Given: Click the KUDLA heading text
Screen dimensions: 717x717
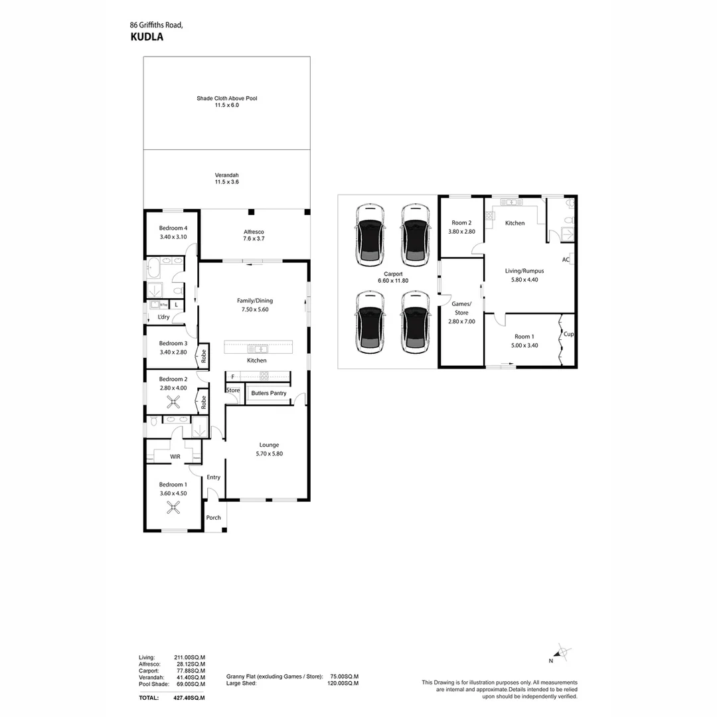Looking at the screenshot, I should tap(147, 37).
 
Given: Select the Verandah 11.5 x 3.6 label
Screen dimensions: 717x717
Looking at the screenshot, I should tap(226, 179).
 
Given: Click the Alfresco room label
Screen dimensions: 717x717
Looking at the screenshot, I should tap(254, 235).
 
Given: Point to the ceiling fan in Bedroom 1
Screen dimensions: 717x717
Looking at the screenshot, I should tap(173, 509).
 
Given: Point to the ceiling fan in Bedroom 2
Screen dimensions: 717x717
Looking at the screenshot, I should tap(173, 400).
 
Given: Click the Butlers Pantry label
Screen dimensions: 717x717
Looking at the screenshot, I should tap(268, 393).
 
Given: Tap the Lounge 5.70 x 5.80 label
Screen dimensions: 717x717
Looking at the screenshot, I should tap(269, 449).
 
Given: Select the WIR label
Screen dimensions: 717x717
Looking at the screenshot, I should tap(175, 457).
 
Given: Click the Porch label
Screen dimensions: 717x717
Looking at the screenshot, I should tap(213, 518).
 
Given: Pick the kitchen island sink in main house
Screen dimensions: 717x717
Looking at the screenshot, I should tap(257, 349).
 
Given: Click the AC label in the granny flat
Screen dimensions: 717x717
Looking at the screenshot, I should tap(566, 260).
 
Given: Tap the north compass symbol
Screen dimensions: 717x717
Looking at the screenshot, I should tap(561, 654).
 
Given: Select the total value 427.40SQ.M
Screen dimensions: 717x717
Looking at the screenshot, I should tap(190, 698).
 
